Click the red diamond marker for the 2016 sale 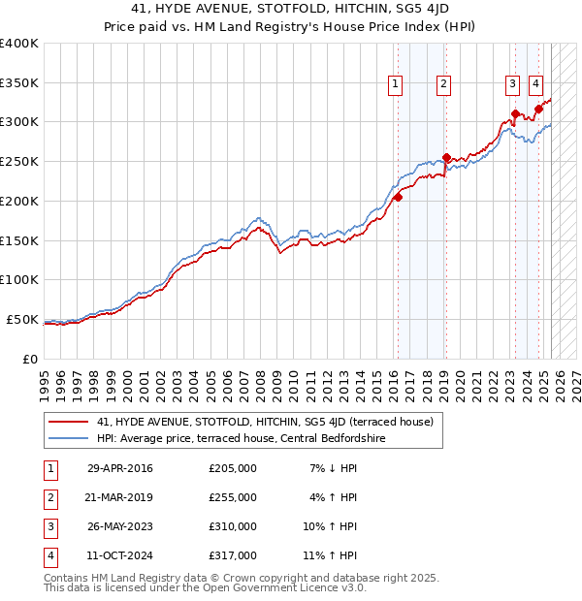pyautogui.click(x=398, y=197)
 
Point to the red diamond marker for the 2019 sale pyautogui.click(x=445, y=157)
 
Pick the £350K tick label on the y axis pyautogui.click(x=18, y=82)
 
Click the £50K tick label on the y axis pyautogui.click(x=21, y=319)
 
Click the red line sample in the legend pyautogui.click(x=68, y=422)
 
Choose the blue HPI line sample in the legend pyautogui.click(x=68, y=438)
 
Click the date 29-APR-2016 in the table pyautogui.click(x=120, y=469)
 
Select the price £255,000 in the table pyautogui.click(x=233, y=498)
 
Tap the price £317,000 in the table pyautogui.click(x=233, y=556)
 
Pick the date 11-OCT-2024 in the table pyautogui.click(x=120, y=556)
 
